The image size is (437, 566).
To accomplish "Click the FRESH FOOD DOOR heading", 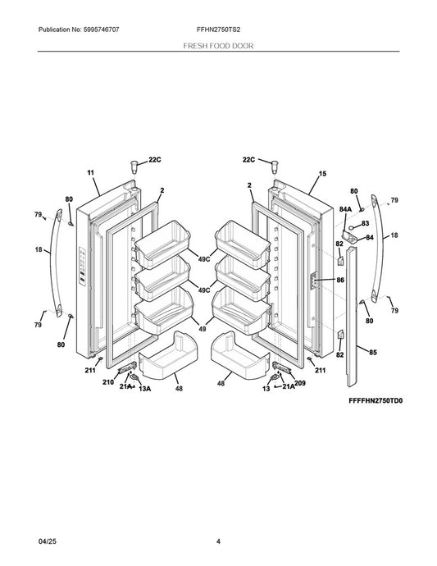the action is pyautogui.click(x=218, y=46).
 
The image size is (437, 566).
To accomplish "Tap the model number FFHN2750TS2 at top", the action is pyautogui.click(x=218, y=30).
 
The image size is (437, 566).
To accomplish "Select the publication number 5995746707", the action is pyautogui.click(x=101, y=30).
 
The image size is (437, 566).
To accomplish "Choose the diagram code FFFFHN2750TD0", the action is pyautogui.click(x=376, y=400).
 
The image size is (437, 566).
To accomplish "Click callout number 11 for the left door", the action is pyautogui.click(x=90, y=172).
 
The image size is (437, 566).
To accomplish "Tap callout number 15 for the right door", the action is pyautogui.click(x=322, y=174).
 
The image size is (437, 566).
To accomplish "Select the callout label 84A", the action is pyautogui.click(x=345, y=209).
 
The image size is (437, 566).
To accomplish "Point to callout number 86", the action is pyautogui.click(x=340, y=280).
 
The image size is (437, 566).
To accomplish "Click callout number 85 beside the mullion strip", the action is pyautogui.click(x=373, y=352).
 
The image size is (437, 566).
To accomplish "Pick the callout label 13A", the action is pyautogui.click(x=144, y=389).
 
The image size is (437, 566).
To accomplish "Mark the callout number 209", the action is pyautogui.click(x=300, y=383).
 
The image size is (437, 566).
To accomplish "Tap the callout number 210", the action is pyautogui.click(x=108, y=382).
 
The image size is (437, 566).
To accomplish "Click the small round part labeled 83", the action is pyautogui.click(x=351, y=227).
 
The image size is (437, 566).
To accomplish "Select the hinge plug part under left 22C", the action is pyautogui.click(x=134, y=167).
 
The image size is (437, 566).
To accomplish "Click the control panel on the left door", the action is pyautogui.click(x=82, y=267).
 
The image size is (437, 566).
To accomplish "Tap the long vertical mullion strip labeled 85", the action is pyautogui.click(x=352, y=317).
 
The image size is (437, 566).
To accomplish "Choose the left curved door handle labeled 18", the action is pyautogui.click(x=55, y=262).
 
